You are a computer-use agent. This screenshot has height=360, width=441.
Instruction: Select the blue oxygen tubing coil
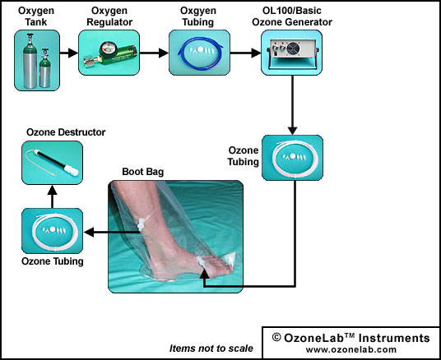[x=200, y=53]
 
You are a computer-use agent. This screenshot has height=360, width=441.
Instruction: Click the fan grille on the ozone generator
[x=294, y=48]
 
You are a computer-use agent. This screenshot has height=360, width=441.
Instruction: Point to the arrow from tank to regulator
[x=69, y=53]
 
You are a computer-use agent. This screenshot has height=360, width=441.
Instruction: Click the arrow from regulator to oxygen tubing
[x=154, y=53]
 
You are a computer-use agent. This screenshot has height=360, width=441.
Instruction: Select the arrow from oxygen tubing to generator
[x=245, y=53]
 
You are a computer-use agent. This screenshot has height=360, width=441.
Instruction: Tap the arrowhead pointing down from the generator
[x=293, y=131]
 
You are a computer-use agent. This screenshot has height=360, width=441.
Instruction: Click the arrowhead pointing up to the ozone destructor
[x=53, y=190]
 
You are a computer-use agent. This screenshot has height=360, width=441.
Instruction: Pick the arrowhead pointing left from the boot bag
[x=89, y=232]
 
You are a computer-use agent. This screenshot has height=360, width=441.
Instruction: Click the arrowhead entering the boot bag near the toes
[x=205, y=275]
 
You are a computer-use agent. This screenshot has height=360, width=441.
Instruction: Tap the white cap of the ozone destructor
[x=71, y=170]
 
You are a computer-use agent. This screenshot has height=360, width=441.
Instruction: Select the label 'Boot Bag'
[x=143, y=172]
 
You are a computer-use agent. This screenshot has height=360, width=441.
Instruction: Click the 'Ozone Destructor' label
[x=66, y=132]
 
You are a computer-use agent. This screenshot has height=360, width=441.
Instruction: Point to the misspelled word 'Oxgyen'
[x=198, y=11]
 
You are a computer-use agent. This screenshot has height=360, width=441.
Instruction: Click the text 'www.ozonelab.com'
[x=351, y=349]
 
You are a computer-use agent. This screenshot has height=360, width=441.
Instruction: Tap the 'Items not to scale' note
[x=211, y=348]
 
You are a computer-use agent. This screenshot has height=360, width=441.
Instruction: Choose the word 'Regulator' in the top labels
[x=109, y=22]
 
